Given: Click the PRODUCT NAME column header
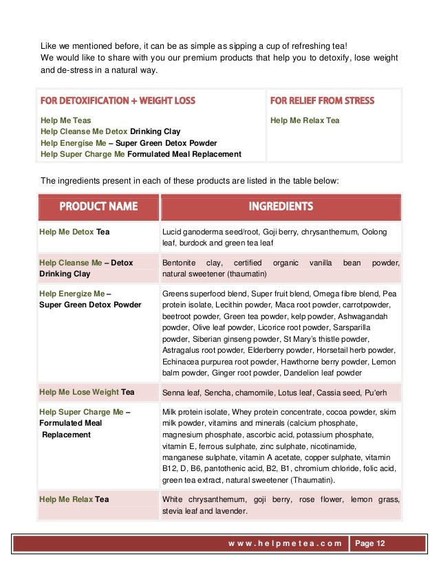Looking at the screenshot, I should [98, 206].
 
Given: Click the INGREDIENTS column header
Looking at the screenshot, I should [281, 206].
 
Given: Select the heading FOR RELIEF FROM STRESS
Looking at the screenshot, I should [322, 100].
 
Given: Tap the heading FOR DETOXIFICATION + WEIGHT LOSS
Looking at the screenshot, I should [118, 100].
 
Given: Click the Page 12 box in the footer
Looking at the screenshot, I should [370, 544].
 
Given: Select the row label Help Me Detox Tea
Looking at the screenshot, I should [74, 232].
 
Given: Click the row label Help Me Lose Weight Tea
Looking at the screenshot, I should [87, 392].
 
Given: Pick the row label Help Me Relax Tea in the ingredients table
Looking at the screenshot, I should [74, 499].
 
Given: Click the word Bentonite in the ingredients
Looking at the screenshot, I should [180, 263].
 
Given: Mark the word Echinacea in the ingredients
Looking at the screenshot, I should [180, 362].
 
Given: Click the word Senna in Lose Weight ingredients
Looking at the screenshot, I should [173, 393].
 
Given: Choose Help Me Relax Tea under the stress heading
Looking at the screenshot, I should [305, 120].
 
